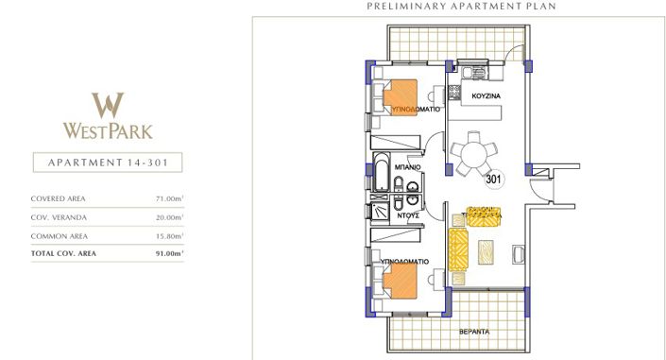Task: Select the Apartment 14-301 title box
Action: tap(108, 163)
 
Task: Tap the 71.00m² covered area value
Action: tap(169, 199)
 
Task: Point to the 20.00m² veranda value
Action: tap(169, 217)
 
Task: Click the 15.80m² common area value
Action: tap(169, 235)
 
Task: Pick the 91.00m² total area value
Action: tap(169, 253)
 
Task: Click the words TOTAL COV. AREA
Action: tap(63, 253)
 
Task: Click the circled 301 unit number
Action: tap(493, 177)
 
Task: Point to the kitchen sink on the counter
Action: tap(470, 69)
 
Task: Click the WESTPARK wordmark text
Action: tap(109, 130)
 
